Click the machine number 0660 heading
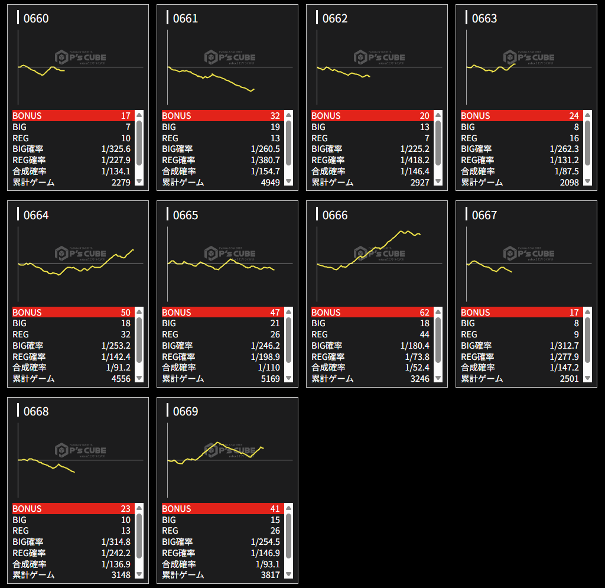click(x=36, y=19)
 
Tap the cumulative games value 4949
click(x=269, y=182)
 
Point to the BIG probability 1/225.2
click(x=414, y=149)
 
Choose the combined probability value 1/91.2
click(x=115, y=367)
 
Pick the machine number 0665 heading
click(x=186, y=215)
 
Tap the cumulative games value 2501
click(x=569, y=378)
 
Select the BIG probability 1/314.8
click(x=115, y=541)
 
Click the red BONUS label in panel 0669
click(x=177, y=508)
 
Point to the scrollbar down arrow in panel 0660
click(x=139, y=181)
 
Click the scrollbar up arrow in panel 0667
click(x=588, y=311)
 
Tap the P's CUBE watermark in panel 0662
click(x=380, y=57)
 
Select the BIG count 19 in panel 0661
click(x=275, y=127)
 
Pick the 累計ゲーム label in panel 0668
click(x=33, y=574)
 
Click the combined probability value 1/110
click(x=266, y=367)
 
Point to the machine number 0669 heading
click(x=186, y=411)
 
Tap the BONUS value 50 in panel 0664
click(x=125, y=312)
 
